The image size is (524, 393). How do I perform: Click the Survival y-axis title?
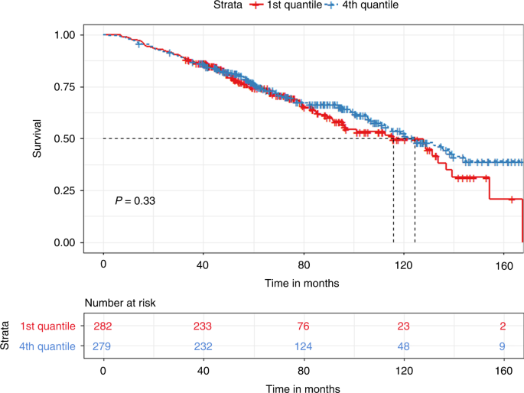click(x=37, y=139)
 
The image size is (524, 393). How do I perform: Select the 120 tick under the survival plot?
click(x=403, y=265)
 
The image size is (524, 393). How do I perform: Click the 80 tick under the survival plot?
click(x=304, y=265)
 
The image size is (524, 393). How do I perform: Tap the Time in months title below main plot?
click(x=304, y=282)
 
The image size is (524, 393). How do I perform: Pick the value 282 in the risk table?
click(x=103, y=326)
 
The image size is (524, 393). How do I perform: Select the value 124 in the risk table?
click(x=304, y=346)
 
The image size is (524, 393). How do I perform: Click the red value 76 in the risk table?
click(x=304, y=326)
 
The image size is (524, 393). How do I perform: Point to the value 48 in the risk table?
click(x=403, y=346)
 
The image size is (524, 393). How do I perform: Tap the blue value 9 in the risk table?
click(x=503, y=346)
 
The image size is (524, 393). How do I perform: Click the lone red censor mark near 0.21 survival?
click(x=512, y=199)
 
